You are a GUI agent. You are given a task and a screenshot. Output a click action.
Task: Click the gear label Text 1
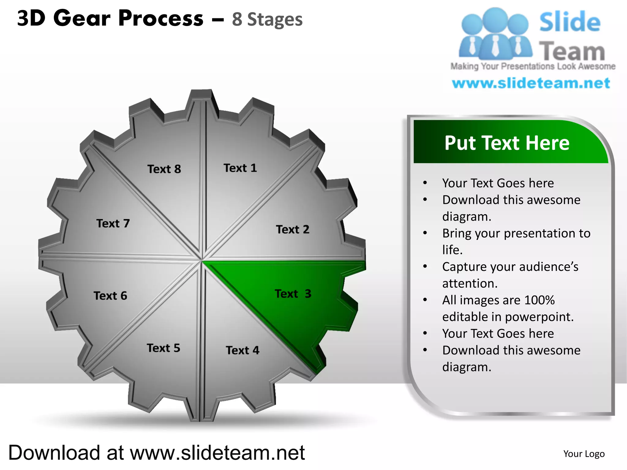[x=240, y=168]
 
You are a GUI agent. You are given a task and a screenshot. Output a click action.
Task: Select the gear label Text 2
[x=293, y=229]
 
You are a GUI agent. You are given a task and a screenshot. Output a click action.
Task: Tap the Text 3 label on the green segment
[x=293, y=294]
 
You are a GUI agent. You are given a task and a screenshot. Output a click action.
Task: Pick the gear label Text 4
[x=242, y=350]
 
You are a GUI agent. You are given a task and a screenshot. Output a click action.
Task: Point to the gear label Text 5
[x=163, y=348]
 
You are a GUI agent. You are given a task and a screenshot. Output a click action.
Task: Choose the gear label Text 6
[x=110, y=296]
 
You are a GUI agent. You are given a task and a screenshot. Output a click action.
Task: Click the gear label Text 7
[x=113, y=223]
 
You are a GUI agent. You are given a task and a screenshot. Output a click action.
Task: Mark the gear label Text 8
[x=164, y=169]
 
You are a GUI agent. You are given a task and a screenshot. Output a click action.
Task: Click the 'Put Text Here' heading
[x=507, y=143]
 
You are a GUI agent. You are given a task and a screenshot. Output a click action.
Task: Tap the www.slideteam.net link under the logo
[x=531, y=83]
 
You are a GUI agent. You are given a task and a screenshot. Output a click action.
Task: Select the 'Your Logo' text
[x=584, y=454]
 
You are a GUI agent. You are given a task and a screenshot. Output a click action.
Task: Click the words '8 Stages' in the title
[x=267, y=19]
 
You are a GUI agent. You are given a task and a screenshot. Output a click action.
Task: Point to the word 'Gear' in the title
[x=82, y=18]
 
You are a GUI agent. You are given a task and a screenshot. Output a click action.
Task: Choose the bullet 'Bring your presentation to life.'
[x=516, y=241]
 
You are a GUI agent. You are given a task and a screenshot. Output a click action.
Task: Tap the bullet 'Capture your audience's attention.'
[x=510, y=275]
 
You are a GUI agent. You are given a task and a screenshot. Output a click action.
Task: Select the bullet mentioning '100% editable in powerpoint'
[x=508, y=308]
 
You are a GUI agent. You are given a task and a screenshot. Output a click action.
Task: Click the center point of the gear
[x=202, y=260]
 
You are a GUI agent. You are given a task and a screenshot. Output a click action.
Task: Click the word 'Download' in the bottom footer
[x=54, y=453]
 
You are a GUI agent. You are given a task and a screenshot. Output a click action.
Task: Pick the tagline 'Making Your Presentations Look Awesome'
[x=533, y=66]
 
